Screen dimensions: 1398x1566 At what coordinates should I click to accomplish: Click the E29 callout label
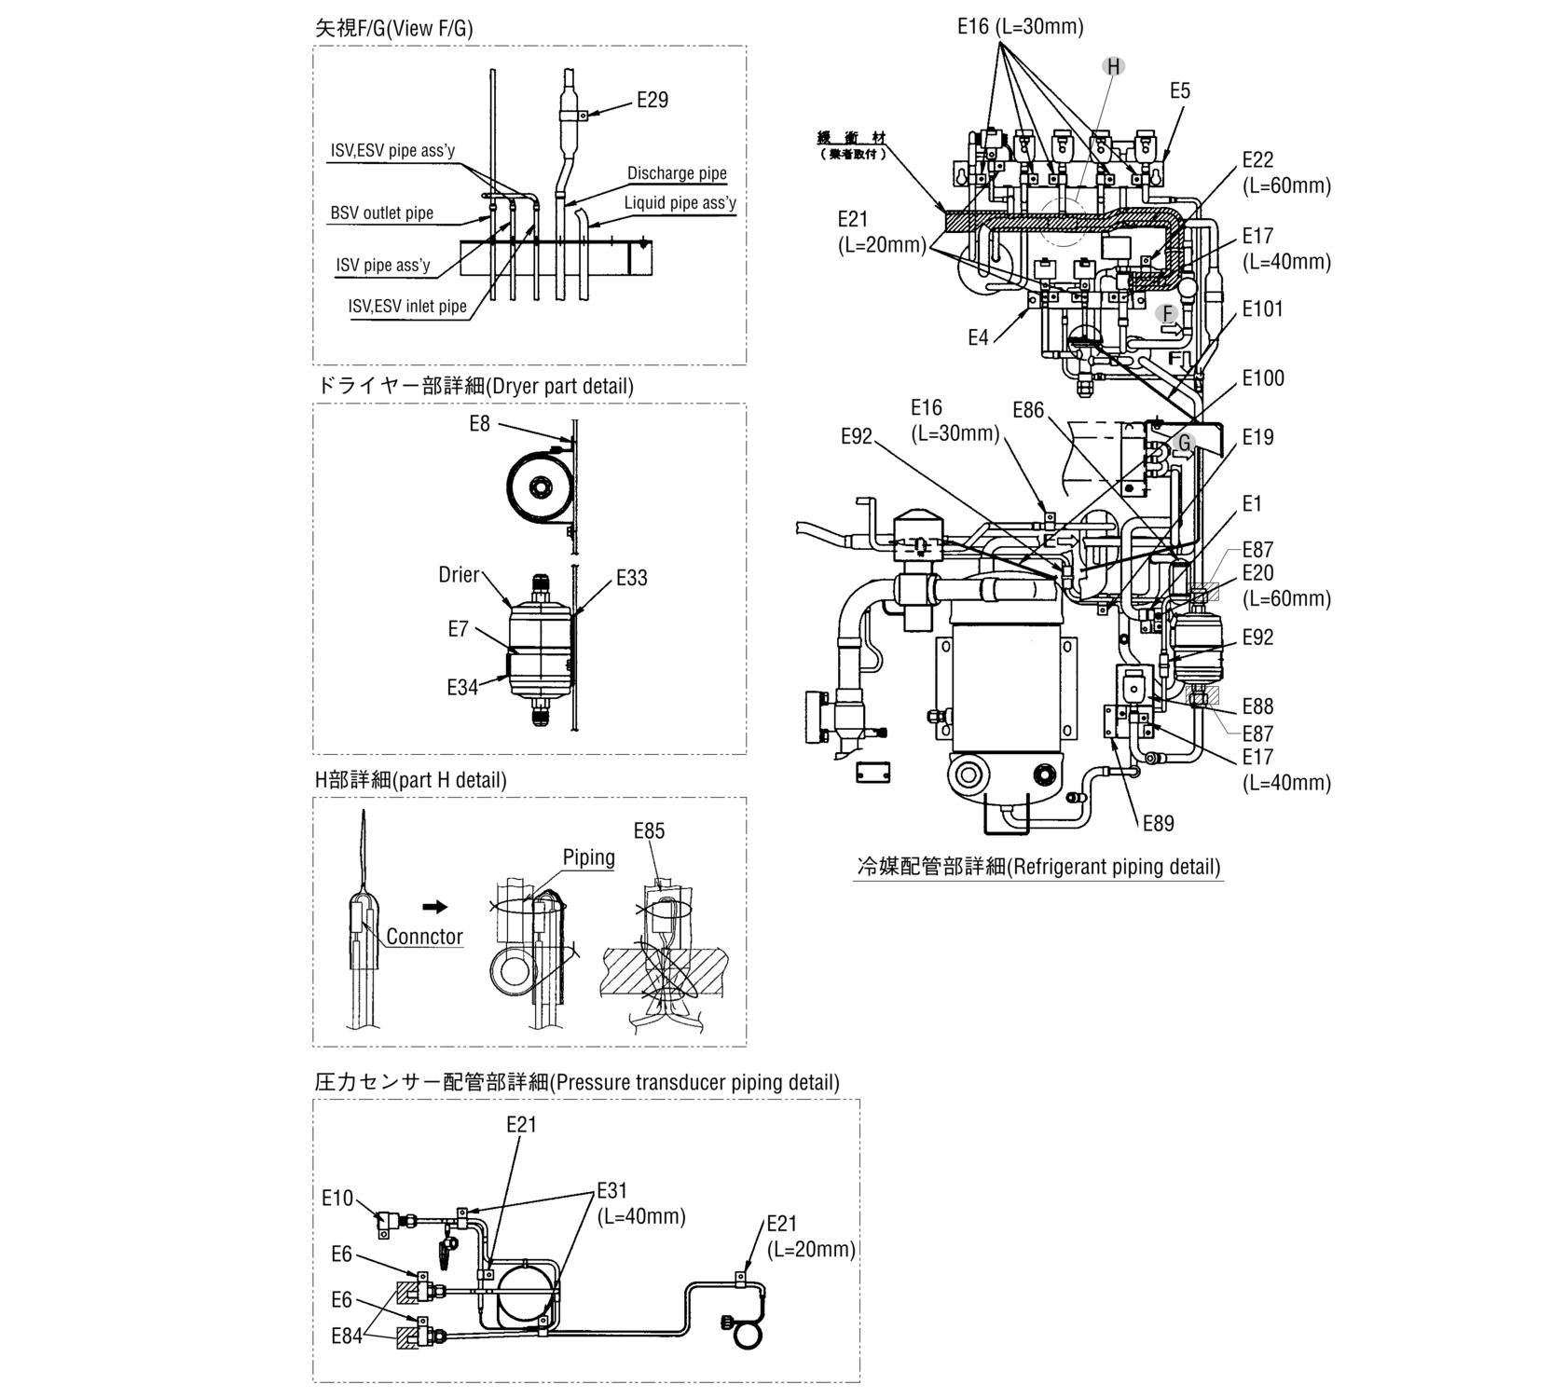tap(652, 101)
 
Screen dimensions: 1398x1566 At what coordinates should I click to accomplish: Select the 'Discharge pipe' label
tap(676, 173)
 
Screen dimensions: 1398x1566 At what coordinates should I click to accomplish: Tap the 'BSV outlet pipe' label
tap(381, 213)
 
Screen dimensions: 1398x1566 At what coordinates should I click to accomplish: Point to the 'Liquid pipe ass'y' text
tap(680, 203)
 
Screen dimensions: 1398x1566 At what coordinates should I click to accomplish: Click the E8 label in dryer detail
tap(479, 425)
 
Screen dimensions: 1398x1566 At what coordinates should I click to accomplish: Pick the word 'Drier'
tap(459, 575)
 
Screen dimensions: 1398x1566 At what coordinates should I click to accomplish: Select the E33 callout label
tap(631, 578)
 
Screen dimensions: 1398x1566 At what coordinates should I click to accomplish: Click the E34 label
tap(462, 688)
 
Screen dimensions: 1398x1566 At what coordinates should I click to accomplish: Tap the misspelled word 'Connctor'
tap(424, 937)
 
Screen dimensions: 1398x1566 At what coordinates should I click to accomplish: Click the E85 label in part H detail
tap(649, 830)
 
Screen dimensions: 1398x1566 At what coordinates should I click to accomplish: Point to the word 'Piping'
tap(588, 857)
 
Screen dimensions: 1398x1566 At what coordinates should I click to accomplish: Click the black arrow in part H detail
tap(434, 907)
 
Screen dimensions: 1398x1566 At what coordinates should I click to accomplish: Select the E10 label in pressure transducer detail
tap(337, 1198)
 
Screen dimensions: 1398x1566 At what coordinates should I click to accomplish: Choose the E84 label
tap(347, 1336)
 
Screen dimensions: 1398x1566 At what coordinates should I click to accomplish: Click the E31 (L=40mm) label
tap(641, 1203)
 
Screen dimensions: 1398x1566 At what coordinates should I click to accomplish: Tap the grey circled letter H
tap(1113, 66)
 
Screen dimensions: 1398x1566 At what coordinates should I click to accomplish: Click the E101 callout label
tap(1262, 309)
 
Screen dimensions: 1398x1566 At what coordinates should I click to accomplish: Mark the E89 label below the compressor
tap(1158, 823)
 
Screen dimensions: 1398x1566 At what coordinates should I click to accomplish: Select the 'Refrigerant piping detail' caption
tap(1037, 867)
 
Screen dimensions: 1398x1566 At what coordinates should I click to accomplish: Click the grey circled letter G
tap(1184, 443)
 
